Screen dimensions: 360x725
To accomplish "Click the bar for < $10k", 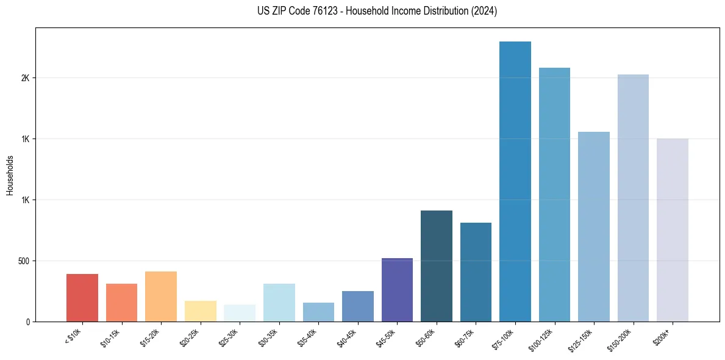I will pos(82,298).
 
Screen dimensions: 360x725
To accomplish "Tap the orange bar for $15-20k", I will pos(161,297).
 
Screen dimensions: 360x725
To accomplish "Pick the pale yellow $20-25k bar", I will pos(200,311).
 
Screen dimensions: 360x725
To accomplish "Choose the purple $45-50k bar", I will pos(397,290).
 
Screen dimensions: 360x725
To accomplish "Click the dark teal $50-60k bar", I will pos(436,266).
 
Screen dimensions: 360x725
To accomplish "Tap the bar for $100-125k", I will pos(554,195).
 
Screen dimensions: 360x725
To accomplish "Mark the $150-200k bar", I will pos(633,198).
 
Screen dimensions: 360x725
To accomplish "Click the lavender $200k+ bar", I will pos(672,230).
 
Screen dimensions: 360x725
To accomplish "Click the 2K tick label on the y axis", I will pos(26,78).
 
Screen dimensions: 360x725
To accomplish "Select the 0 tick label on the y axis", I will pos(28,322).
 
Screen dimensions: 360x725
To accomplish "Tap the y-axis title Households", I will pos(10,175).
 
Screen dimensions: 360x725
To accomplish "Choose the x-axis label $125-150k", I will pos(581,339).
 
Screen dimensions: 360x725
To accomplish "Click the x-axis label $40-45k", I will pos(347,337).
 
